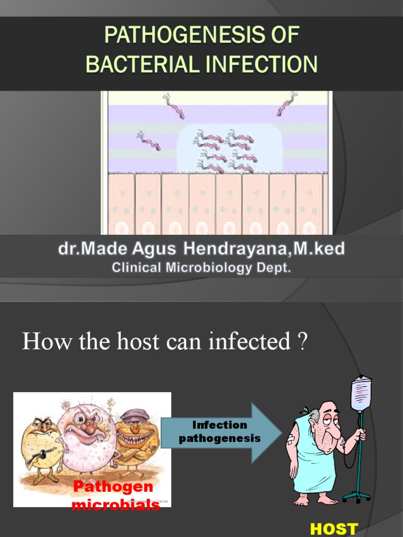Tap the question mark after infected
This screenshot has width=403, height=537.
pos(302,342)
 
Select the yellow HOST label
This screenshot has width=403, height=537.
pos(334,529)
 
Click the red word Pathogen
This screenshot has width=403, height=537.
pos(113,487)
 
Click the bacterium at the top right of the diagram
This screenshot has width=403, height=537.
pos(287,103)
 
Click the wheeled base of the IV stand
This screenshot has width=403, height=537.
pos(357,496)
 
